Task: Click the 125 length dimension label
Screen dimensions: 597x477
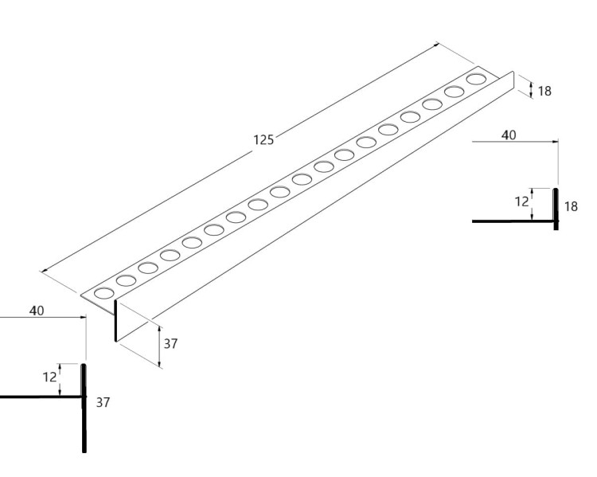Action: point(263,140)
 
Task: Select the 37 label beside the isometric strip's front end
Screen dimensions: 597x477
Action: point(170,344)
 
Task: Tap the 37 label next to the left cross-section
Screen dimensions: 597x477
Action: point(103,402)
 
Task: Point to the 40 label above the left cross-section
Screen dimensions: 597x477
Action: point(37,311)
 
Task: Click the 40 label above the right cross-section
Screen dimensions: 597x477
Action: point(509,135)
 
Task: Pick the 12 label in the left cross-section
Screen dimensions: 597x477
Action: point(49,377)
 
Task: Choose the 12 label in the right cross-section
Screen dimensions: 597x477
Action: point(522,201)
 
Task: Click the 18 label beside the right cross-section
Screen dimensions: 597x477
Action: point(571,206)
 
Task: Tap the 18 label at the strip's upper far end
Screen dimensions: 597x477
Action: point(544,91)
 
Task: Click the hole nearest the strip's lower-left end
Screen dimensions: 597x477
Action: point(104,293)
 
